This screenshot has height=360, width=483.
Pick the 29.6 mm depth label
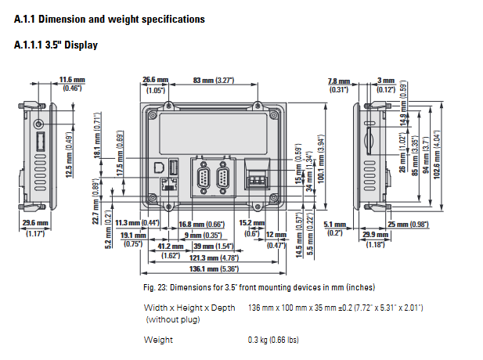(35, 224)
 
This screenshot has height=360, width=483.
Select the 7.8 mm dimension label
(338, 81)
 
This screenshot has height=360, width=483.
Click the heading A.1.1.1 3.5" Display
(56, 45)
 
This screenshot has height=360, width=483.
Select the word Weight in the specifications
(158, 340)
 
